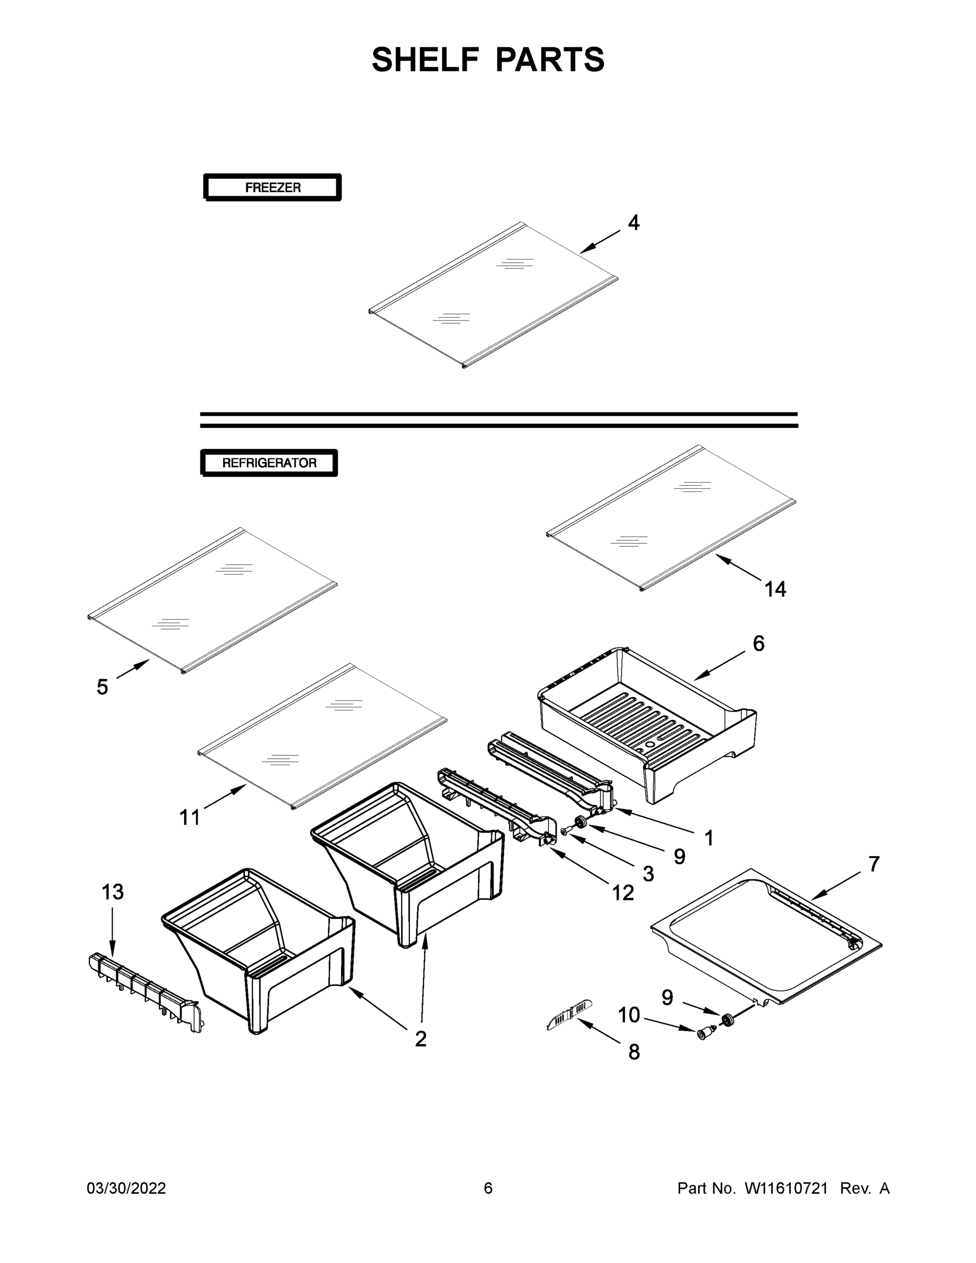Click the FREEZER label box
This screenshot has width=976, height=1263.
pyautogui.click(x=273, y=187)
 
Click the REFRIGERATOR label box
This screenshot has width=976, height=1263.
pyautogui.click(x=269, y=463)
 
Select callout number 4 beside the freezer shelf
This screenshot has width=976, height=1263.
pyautogui.click(x=633, y=223)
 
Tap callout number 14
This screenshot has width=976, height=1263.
pyautogui.click(x=775, y=589)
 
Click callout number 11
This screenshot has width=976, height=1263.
pyautogui.click(x=189, y=818)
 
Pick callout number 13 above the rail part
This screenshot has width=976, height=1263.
pyautogui.click(x=112, y=893)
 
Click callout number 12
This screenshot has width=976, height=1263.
pyautogui.click(x=623, y=894)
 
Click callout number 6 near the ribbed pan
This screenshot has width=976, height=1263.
pyautogui.click(x=759, y=643)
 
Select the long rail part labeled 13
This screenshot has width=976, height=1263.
pyautogui.click(x=145, y=993)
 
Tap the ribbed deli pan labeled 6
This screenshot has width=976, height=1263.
pyautogui.click(x=648, y=723)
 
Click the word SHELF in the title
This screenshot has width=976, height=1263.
pyautogui.click(x=425, y=59)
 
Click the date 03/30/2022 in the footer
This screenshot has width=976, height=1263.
pyautogui.click(x=126, y=1188)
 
